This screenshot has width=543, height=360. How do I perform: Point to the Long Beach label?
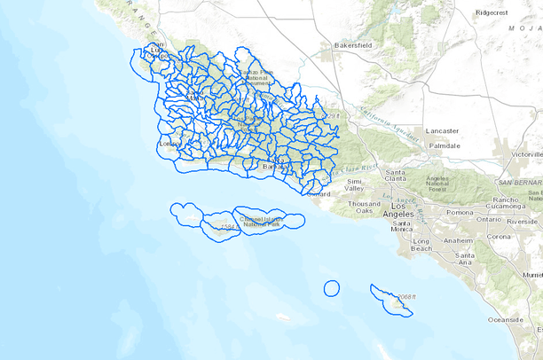(x=421, y=245)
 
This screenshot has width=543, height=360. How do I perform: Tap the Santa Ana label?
(x=463, y=259)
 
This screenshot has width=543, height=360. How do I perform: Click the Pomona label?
(x=460, y=213)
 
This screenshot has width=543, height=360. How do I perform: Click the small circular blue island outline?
(x=331, y=287)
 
